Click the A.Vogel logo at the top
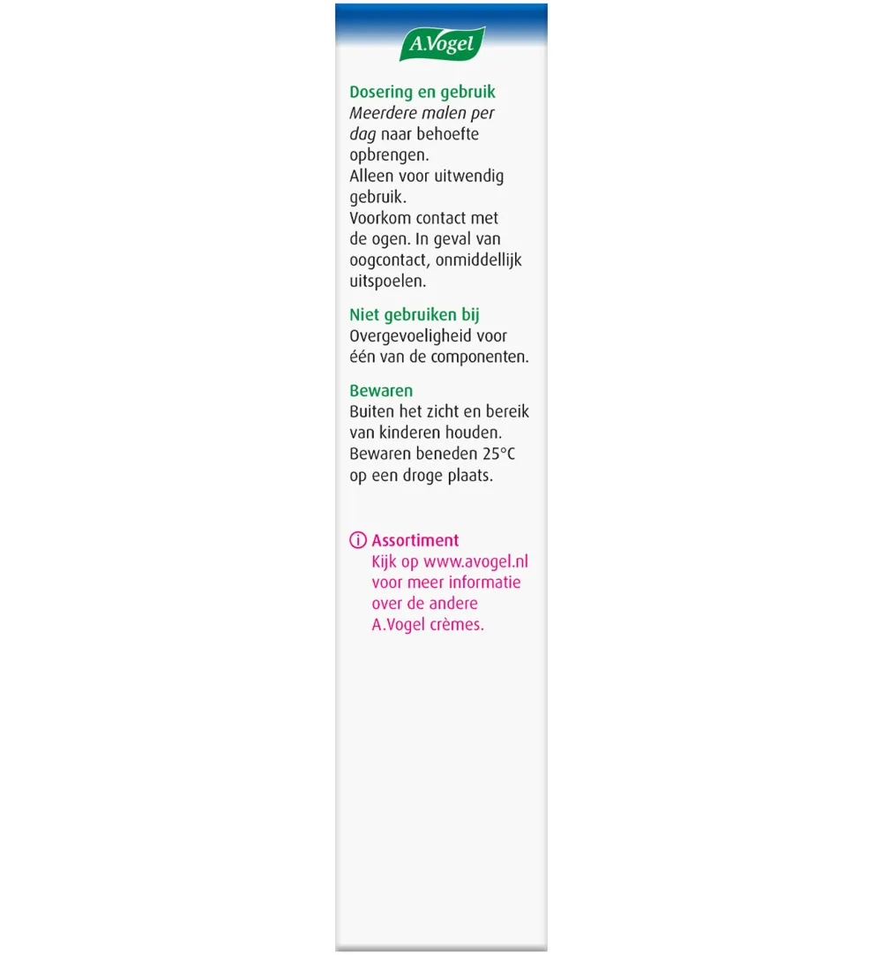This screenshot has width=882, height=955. (x=442, y=43)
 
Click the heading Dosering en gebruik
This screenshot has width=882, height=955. (x=422, y=92)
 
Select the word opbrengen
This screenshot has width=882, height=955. (x=385, y=155)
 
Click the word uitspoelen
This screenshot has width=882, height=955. (x=386, y=282)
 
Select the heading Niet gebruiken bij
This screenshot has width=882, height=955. (x=415, y=315)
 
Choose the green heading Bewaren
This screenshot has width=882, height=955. (x=381, y=390)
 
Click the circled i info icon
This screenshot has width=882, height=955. (x=358, y=540)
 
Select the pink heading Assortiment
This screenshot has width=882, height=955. (x=415, y=540)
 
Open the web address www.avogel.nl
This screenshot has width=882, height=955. (x=475, y=561)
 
